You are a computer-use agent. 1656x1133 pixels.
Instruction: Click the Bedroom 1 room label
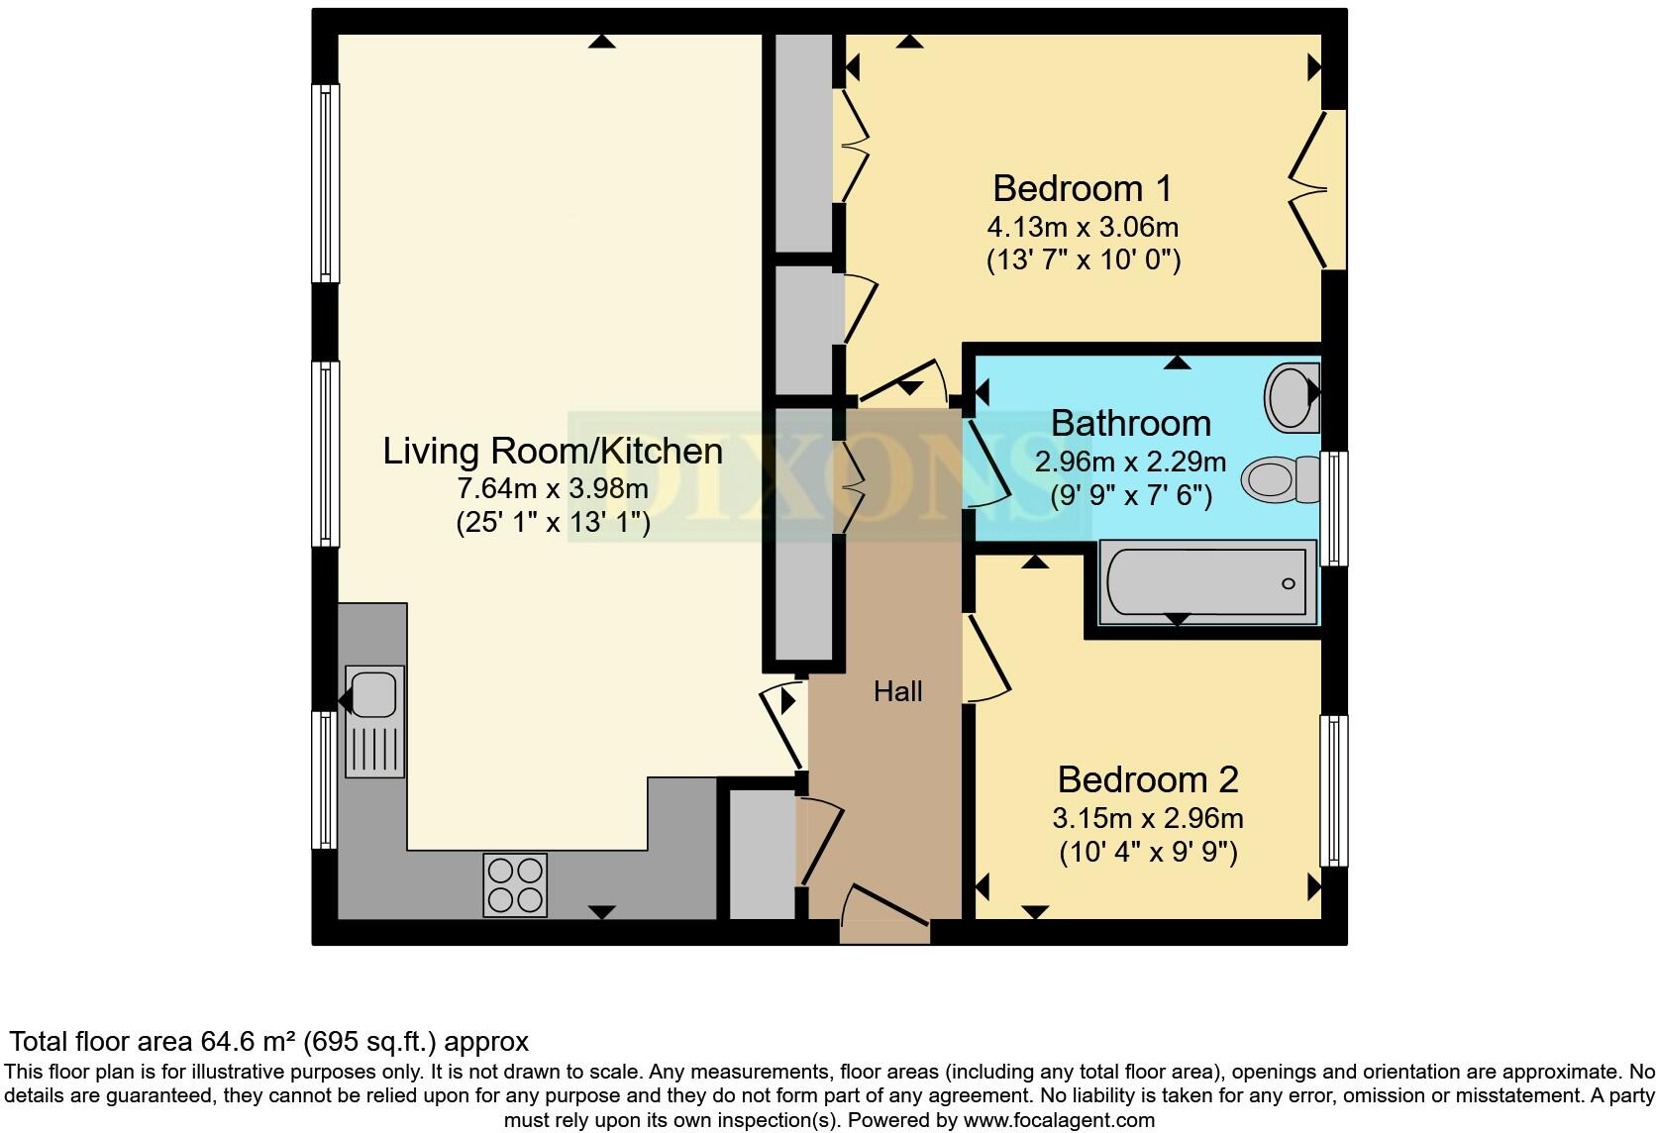point(1083,187)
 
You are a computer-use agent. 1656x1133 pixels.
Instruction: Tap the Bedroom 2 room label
point(1147,779)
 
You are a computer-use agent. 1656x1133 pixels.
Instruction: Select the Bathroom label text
point(1130,423)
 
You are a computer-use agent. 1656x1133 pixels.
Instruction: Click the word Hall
point(897,691)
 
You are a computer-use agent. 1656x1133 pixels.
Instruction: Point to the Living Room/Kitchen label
point(553,452)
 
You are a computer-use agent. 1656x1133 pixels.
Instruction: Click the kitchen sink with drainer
point(374,720)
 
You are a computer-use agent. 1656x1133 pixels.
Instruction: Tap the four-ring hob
point(515,884)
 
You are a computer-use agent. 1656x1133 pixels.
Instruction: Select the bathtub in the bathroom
point(1206,582)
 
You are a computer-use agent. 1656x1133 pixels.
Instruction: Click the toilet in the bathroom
point(1278,479)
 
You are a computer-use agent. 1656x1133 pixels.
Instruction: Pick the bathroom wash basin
point(1292,396)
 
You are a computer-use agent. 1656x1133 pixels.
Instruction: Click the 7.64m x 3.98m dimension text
point(553,488)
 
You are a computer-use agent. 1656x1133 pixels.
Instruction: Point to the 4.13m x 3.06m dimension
point(1083,227)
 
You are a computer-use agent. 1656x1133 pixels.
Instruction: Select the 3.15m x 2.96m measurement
point(1147,819)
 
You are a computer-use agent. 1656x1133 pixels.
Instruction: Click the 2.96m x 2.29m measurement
point(1130,462)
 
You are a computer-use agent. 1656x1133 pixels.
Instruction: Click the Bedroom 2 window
point(1334,790)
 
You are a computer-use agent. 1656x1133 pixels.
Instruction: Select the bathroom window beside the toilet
point(1335,508)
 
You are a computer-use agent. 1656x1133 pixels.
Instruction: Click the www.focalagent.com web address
point(1060,1120)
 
